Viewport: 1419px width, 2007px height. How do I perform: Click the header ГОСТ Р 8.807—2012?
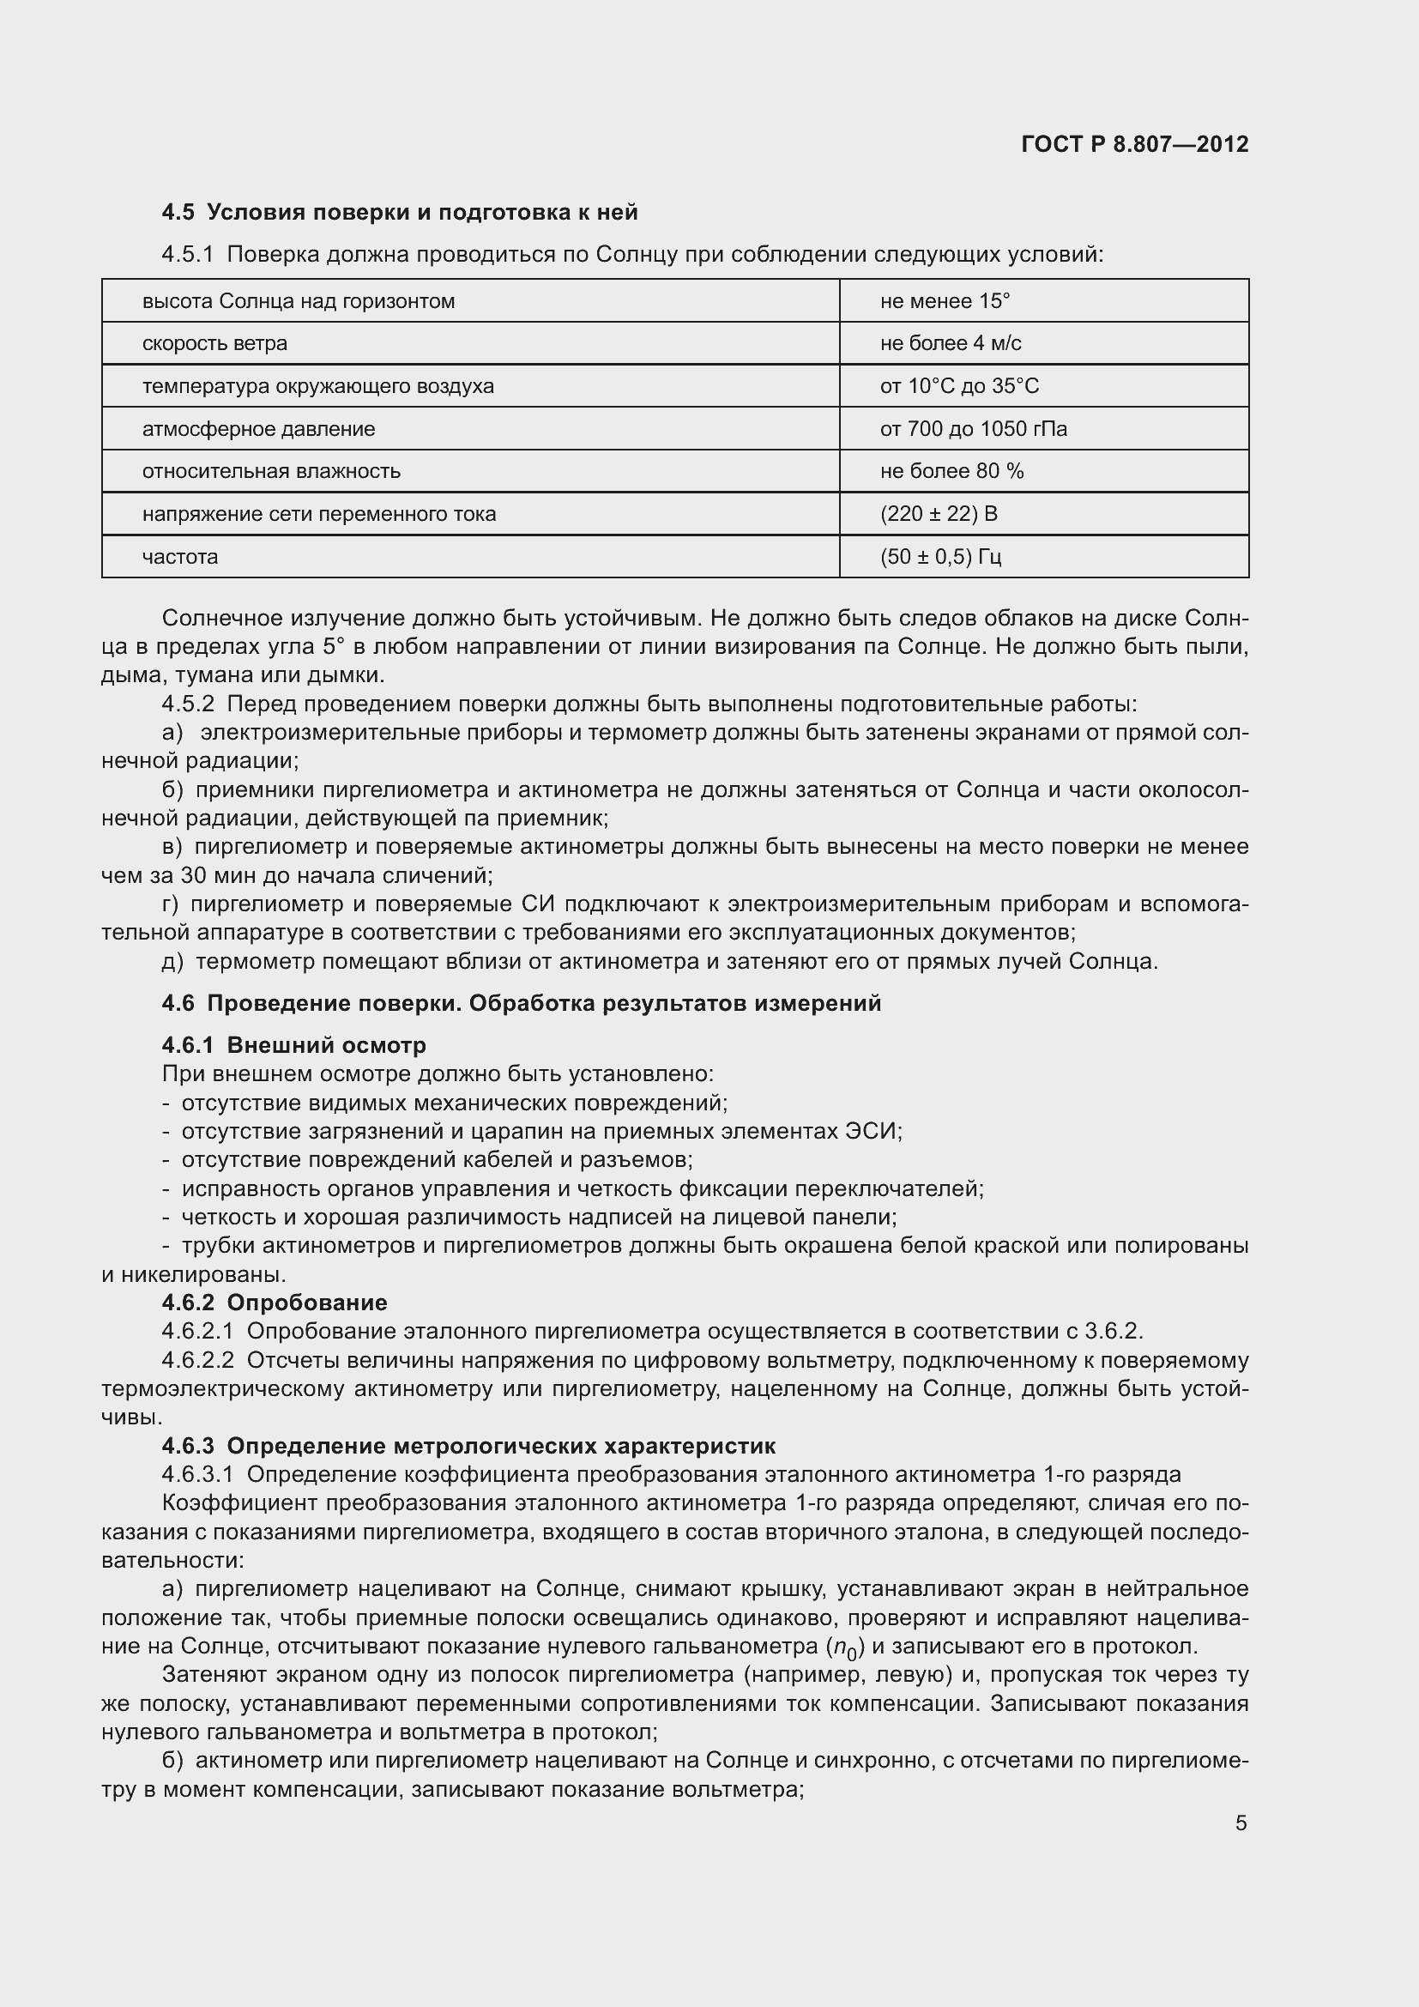pos(1134,144)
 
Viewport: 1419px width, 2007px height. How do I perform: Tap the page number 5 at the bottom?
pos(1241,1823)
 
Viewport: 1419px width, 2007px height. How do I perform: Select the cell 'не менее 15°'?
pos(945,301)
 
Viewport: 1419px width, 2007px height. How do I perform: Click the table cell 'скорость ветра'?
pos(215,343)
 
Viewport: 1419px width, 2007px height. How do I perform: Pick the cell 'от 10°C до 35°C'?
pos(959,386)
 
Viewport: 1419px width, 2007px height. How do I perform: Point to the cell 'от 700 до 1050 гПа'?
pos(974,429)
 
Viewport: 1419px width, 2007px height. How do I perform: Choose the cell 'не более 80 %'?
pos(951,471)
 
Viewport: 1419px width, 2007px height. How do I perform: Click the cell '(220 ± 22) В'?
pos(939,514)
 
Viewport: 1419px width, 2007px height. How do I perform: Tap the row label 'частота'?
pos(180,557)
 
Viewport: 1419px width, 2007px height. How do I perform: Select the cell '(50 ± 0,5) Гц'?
pos(940,557)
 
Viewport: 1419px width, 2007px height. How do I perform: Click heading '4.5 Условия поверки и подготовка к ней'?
pos(399,213)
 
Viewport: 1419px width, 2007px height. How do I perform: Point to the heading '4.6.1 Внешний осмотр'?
pos(293,1045)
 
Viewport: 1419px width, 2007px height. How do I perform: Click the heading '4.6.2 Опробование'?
pos(275,1303)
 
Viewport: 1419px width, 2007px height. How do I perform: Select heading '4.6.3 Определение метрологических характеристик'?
pos(468,1446)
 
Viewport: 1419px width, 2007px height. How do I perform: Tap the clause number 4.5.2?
pos(188,704)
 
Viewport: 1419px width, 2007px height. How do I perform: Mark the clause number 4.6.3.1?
pos(197,1475)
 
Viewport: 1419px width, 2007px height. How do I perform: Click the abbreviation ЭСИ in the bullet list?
pos(870,1131)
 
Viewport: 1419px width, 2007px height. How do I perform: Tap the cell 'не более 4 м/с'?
pos(951,343)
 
